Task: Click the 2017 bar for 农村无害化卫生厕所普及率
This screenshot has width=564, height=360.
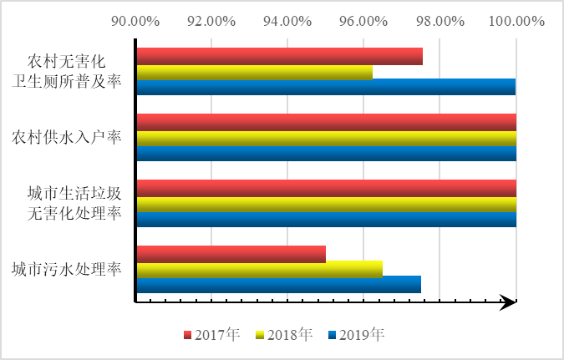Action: pyautogui.click(x=279, y=56)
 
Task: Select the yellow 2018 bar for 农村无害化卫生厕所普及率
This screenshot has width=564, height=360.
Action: pyautogui.click(x=254, y=72)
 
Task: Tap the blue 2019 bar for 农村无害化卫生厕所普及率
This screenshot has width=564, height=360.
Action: pyautogui.click(x=326, y=87)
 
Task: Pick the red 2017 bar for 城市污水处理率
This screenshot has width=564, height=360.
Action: pyautogui.click(x=231, y=253)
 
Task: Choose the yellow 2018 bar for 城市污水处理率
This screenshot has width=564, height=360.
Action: pyautogui.click(x=259, y=269)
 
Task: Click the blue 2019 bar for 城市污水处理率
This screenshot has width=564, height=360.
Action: pyautogui.click(x=278, y=284)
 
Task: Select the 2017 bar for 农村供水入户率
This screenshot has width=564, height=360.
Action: pyautogui.click(x=326, y=122)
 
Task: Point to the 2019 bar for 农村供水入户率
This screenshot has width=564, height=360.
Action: pyautogui.click(x=326, y=153)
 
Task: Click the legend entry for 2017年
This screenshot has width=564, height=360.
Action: pyautogui.click(x=212, y=335)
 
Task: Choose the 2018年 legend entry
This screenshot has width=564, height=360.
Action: pyautogui.click(x=285, y=335)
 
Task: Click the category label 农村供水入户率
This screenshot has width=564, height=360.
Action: pyautogui.click(x=67, y=137)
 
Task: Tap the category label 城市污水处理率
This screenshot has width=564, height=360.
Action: pyautogui.click(x=67, y=269)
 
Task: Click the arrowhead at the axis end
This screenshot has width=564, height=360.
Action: pyautogui.click(x=506, y=302)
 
